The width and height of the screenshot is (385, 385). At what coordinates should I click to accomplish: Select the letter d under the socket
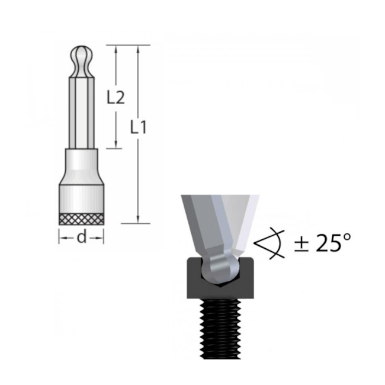click(x=82, y=238)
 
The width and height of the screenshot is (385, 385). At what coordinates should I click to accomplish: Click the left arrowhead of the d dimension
click(x=62, y=238)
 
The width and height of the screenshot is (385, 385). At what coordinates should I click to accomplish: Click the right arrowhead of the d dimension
click(x=102, y=238)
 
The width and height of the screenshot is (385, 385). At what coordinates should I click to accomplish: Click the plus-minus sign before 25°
click(x=300, y=243)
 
